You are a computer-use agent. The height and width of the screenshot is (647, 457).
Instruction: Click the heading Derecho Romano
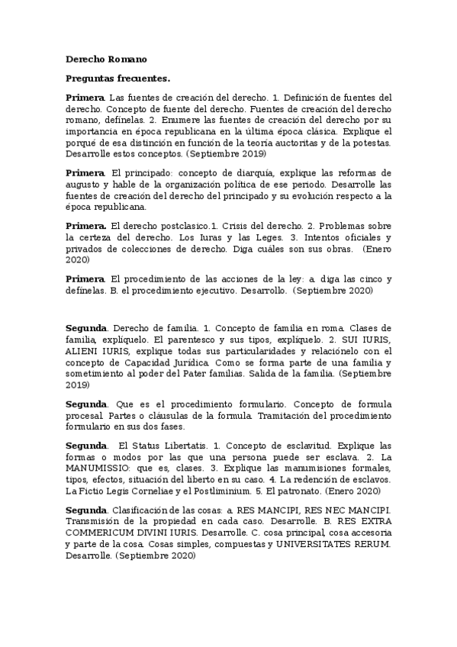[x=106, y=60]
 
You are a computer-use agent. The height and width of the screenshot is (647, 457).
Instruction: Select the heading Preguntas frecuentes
[x=117, y=78]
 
